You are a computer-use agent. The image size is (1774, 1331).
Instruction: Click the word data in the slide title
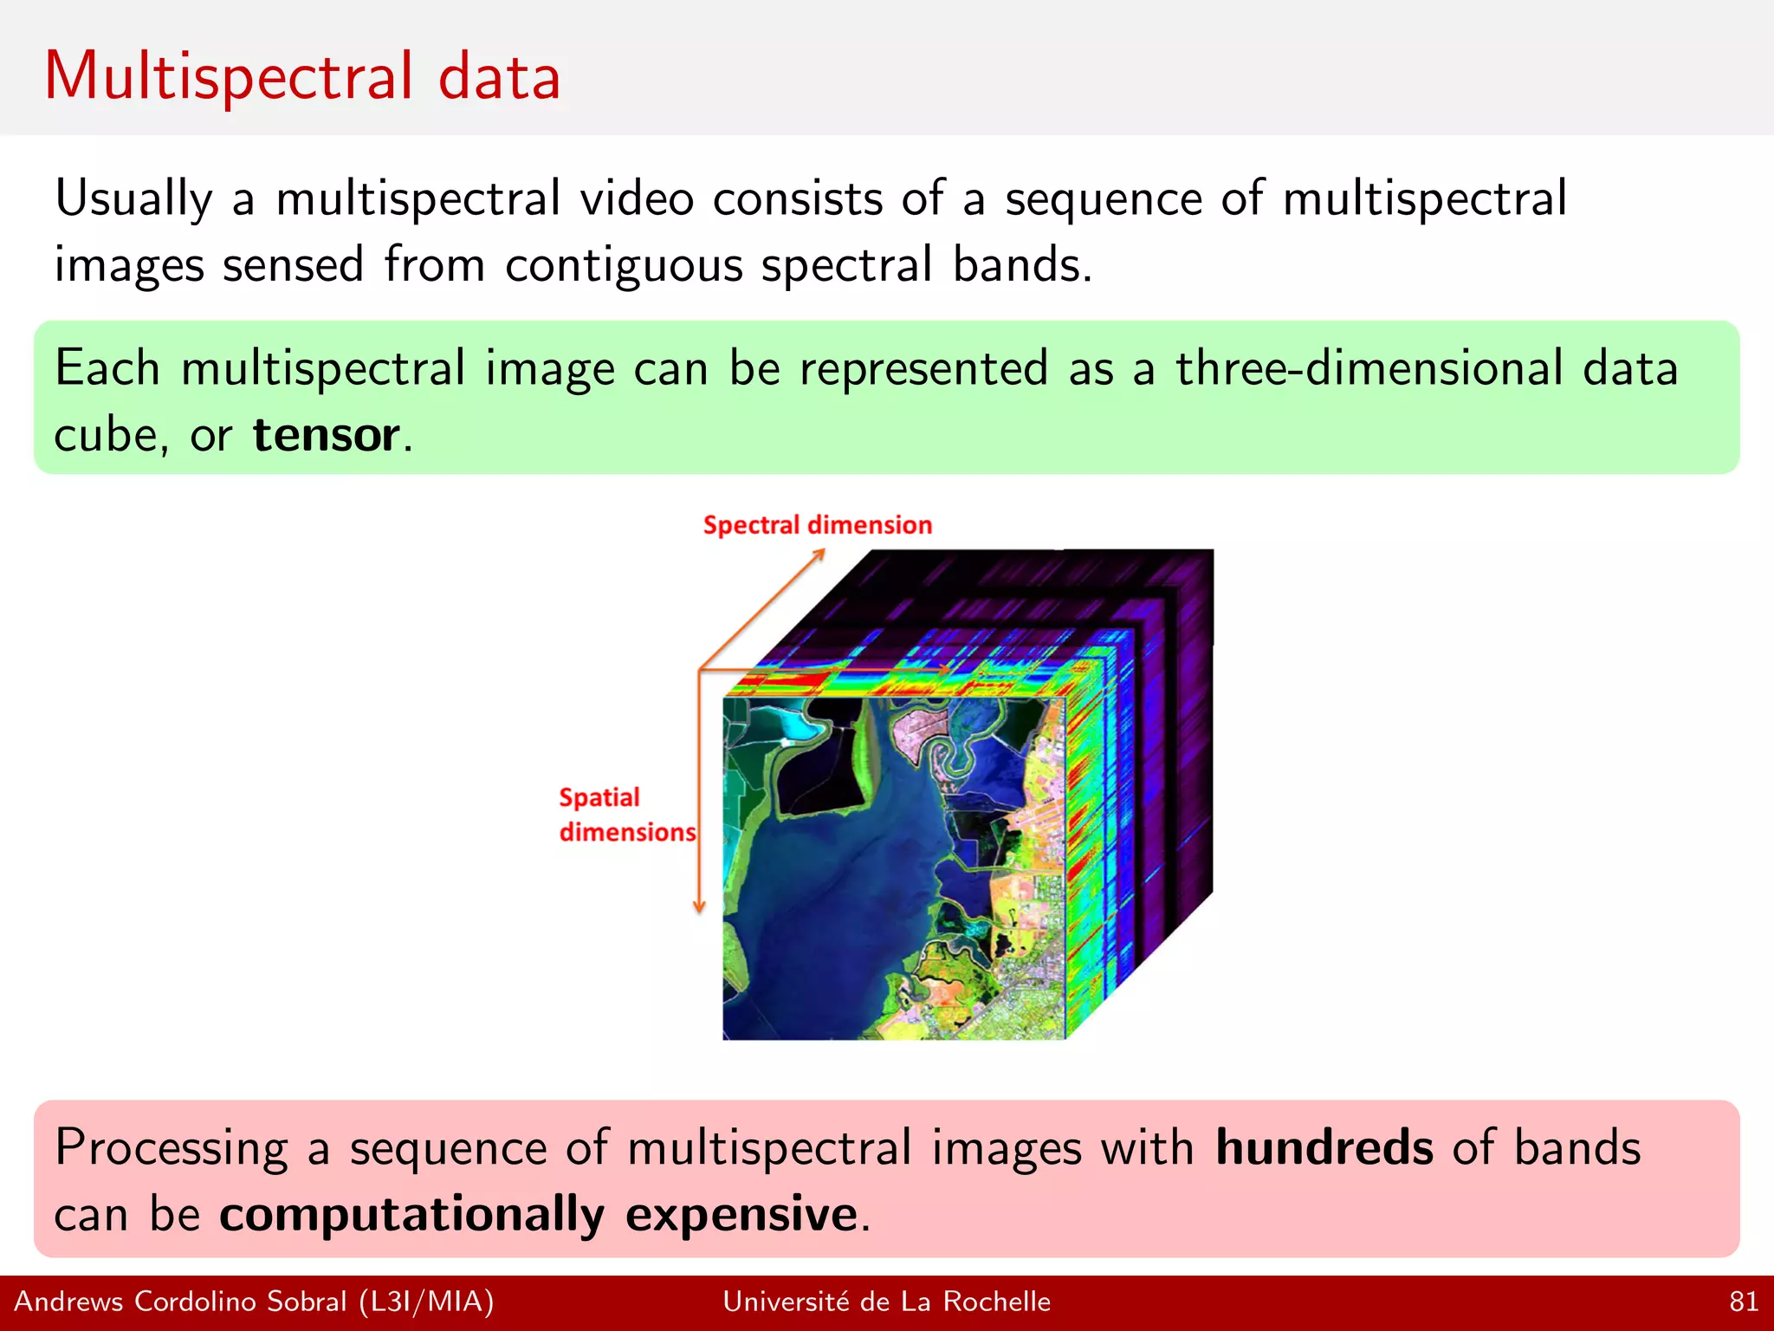pyautogui.click(x=500, y=78)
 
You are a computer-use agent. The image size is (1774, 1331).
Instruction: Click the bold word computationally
pyautogui.click(x=411, y=1213)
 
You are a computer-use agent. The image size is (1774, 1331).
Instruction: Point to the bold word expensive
pyautogui.click(x=741, y=1213)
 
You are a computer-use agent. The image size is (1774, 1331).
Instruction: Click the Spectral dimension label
pyautogui.click(x=817, y=525)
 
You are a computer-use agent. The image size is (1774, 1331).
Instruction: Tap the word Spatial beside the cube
pyautogui.click(x=599, y=797)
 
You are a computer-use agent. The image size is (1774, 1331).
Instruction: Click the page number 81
pyautogui.click(x=1744, y=1302)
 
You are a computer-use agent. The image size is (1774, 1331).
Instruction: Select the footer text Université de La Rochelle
pyautogui.click(x=886, y=1302)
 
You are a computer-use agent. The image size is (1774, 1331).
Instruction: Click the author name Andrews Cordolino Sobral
pyautogui.click(x=180, y=1302)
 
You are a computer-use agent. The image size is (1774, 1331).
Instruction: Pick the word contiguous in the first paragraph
pyautogui.click(x=624, y=264)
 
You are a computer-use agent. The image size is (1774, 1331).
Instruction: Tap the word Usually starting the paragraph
pyautogui.click(x=133, y=199)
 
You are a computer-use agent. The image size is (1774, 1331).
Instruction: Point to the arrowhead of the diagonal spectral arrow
pyautogui.click(x=819, y=554)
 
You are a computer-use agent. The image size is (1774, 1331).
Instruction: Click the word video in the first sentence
pyautogui.click(x=637, y=199)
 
